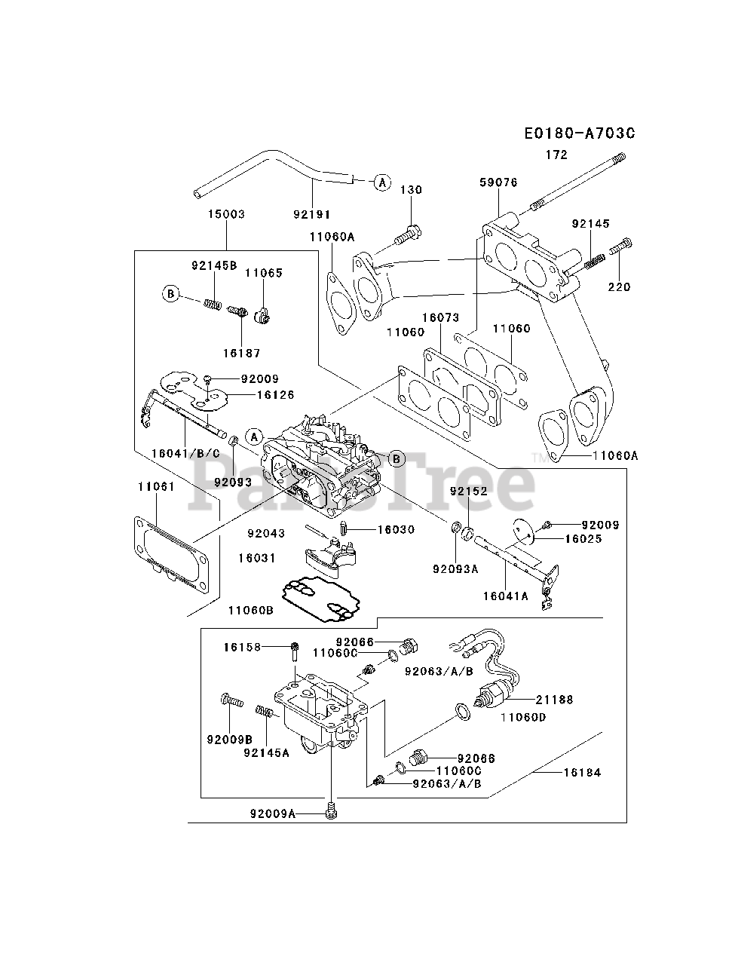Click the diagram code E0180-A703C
pos(580,133)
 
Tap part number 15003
pos(226,214)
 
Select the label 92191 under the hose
pos(312,214)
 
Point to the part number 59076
pos(498,182)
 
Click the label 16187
pos(242,353)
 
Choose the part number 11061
pos(156,487)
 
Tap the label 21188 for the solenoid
pos(554,700)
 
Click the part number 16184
pos(583,772)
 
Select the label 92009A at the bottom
pos(273,813)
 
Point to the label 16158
pos(242,647)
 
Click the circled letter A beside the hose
pos(382,182)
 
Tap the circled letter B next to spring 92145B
pos(171,293)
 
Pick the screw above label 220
pos(620,246)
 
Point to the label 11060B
pos(251,610)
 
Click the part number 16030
pos(396,529)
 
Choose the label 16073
pos(441,317)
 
